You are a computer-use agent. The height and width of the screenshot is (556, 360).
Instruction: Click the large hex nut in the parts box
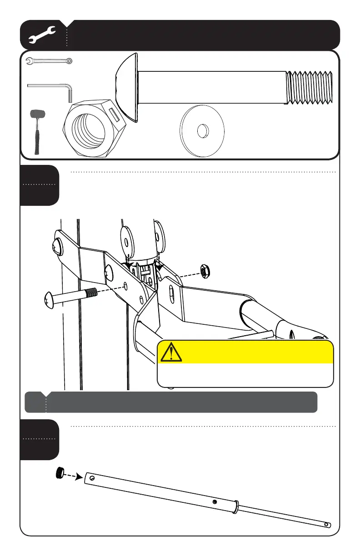tap(91, 128)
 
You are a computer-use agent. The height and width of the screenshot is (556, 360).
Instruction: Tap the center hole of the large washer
tap(202, 131)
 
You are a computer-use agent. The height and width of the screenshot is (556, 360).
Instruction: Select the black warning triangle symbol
tap(170, 352)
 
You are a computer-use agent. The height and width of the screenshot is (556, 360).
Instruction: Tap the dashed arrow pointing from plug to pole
tap(73, 476)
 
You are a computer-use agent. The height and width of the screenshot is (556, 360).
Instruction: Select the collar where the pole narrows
tap(236, 506)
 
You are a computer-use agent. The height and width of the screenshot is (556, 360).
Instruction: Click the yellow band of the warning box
tap(245, 352)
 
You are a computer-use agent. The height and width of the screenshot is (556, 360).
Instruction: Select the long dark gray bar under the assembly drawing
tap(170, 402)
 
